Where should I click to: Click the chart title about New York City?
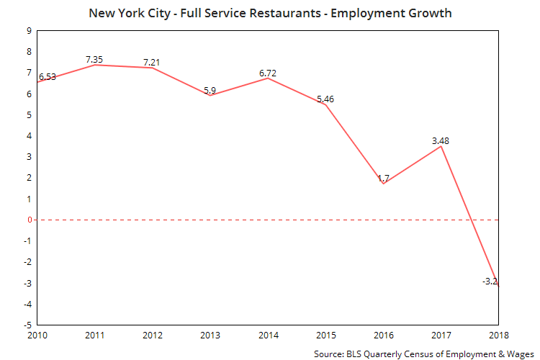tap(271, 13)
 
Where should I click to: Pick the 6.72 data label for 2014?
tap(268, 72)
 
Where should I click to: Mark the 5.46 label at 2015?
tap(326, 98)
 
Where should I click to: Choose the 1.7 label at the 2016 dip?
tap(384, 177)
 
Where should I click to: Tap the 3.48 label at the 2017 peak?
tap(441, 140)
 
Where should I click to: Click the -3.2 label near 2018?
tap(491, 282)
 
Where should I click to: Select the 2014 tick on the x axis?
tap(267, 335)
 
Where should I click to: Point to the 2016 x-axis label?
tap(384, 335)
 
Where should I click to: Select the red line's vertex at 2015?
tap(325, 105)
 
